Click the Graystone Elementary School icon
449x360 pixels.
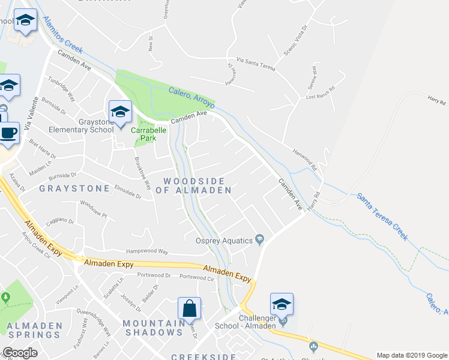coord(120,110)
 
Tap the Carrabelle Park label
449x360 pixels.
coord(144,133)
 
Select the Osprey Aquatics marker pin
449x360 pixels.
coord(260,240)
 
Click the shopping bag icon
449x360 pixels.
coord(189,308)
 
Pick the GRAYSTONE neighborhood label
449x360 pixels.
coord(74,188)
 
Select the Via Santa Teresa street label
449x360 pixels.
coord(256,63)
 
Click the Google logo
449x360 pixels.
coord(20,353)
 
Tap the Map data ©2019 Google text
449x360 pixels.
coord(411,355)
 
